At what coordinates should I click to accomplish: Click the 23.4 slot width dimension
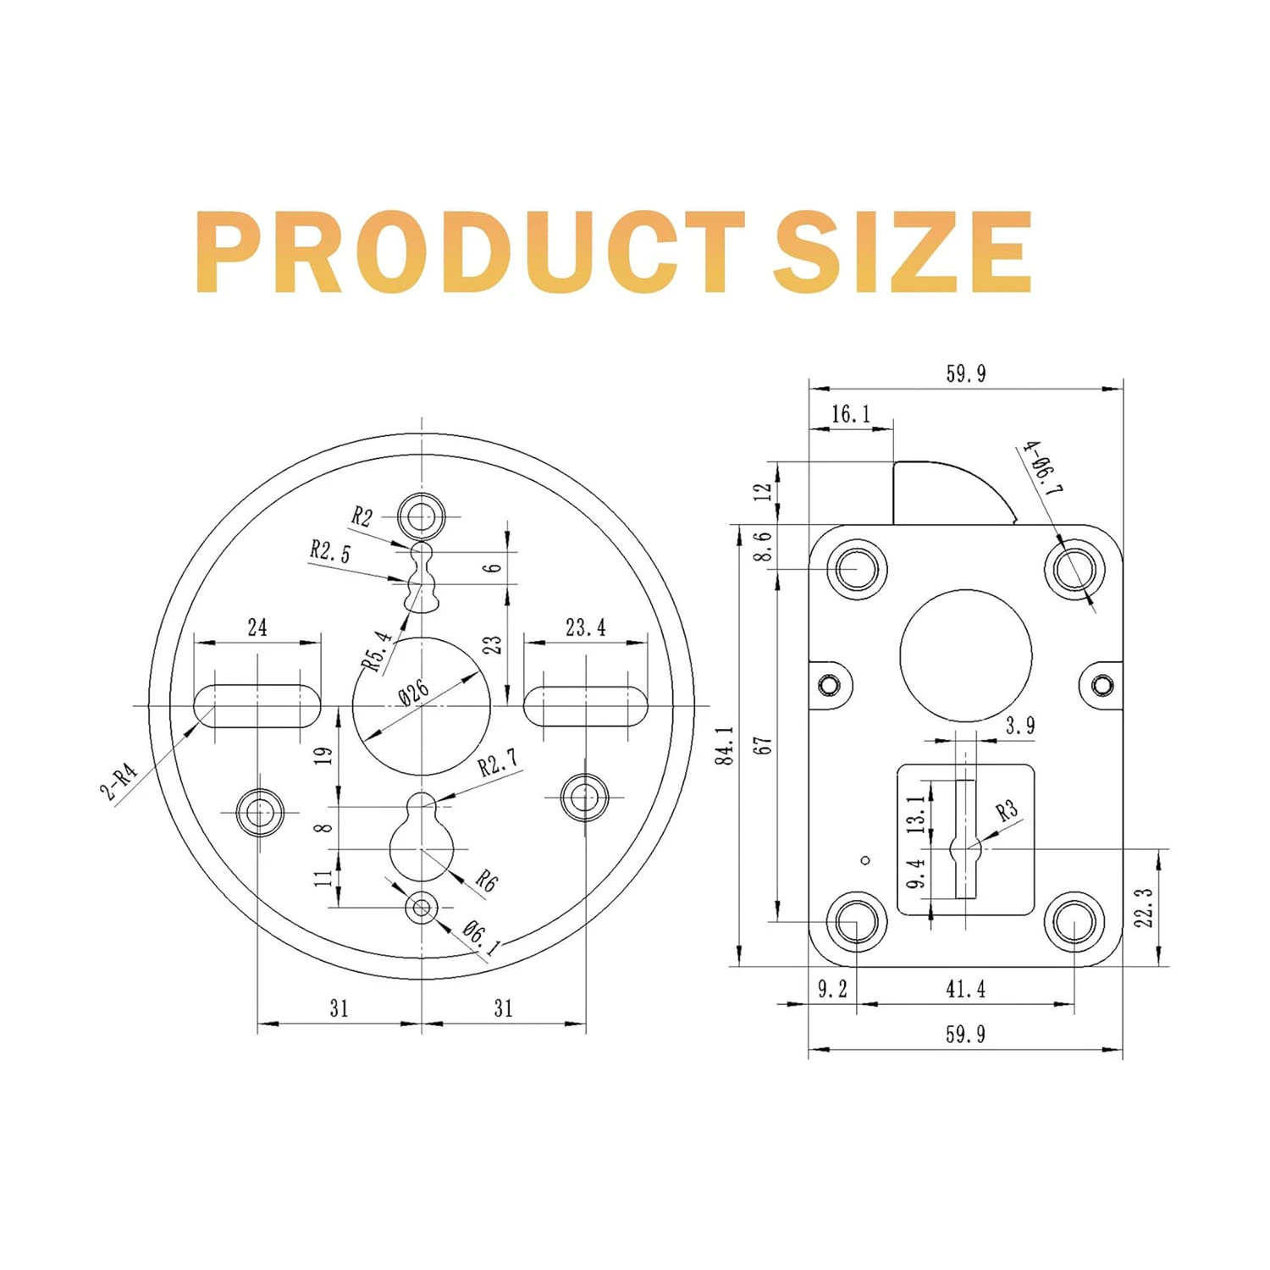tap(586, 627)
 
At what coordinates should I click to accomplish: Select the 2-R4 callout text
tap(119, 781)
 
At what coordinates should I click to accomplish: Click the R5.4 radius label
tap(378, 650)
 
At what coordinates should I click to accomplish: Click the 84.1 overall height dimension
tap(725, 745)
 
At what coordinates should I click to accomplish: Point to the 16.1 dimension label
tap(850, 414)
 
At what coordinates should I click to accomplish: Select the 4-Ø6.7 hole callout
tap(1042, 467)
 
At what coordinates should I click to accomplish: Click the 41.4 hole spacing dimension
tap(965, 989)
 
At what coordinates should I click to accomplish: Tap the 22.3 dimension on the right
tap(1144, 907)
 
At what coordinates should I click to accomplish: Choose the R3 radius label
tap(1007, 810)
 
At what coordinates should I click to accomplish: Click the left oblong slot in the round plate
tap(257, 706)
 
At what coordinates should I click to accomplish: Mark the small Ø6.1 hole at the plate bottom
tap(422, 908)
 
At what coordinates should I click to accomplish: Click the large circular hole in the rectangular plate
tap(966, 655)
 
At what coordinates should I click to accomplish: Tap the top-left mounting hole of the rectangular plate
tap(857, 568)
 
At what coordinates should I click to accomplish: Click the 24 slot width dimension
tap(257, 627)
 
